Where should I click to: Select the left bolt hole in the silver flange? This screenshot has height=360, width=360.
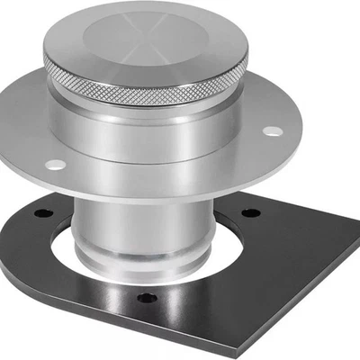(55, 164)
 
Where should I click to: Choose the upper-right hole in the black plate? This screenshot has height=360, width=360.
(252, 212)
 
